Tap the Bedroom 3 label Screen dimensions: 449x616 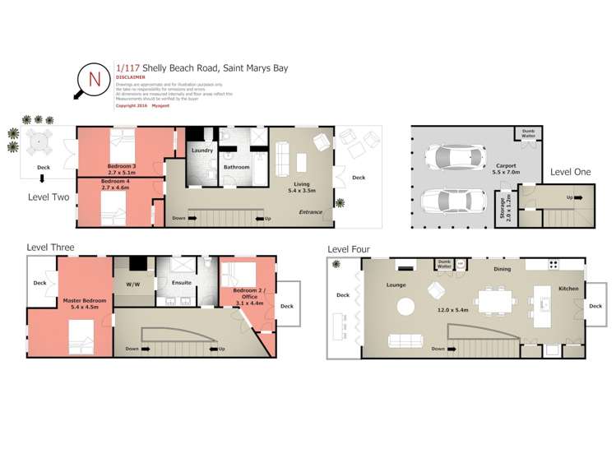tap(118, 166)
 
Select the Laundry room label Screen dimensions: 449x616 tap(202, 151)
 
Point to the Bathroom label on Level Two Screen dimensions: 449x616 tap(237, 167)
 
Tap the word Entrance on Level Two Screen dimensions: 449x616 tap(311, 212)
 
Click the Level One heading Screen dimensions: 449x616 tap(571, 172)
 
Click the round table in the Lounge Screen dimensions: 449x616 tap(406, 306)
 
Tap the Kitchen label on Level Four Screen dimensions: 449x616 tap(568, 289)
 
